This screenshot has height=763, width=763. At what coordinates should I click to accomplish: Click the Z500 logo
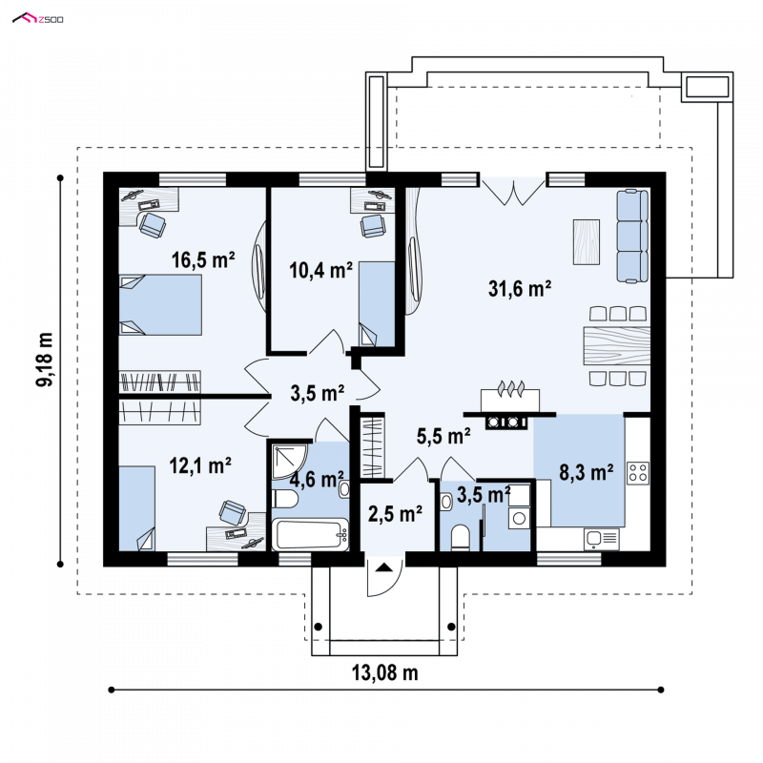point(38,18)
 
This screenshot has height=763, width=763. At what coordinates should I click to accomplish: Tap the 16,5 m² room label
point(203,259)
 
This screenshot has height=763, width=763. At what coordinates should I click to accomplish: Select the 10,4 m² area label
point(320,270)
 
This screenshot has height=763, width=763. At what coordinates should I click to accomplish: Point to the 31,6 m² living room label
point(520,289)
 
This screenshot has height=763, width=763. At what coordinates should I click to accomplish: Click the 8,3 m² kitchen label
point(586,472)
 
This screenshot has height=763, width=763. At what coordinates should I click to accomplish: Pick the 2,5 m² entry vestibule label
point(395,514)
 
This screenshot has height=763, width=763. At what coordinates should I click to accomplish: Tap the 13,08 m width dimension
point(385,672)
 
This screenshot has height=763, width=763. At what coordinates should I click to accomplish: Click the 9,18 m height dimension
point(44,360)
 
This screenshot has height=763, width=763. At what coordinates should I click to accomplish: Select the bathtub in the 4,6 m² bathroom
point(310,535)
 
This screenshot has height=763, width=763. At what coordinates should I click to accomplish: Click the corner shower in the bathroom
point(289,462)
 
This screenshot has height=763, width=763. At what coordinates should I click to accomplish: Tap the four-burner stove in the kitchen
point(638,472)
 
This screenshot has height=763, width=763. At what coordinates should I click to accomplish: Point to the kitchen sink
point(602,539)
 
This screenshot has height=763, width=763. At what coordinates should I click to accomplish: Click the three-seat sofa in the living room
point(632,236)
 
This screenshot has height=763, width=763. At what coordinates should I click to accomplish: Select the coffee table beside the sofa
point(587,242)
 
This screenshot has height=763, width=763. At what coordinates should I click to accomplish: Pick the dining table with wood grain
point(616,345)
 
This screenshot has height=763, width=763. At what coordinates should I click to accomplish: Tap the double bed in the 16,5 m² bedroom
point(160,304)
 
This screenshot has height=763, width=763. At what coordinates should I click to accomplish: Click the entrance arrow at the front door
point(384,567)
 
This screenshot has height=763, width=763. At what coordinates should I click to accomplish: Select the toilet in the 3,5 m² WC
point(460,538)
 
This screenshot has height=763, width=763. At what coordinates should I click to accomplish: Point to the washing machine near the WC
point(519,518)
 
